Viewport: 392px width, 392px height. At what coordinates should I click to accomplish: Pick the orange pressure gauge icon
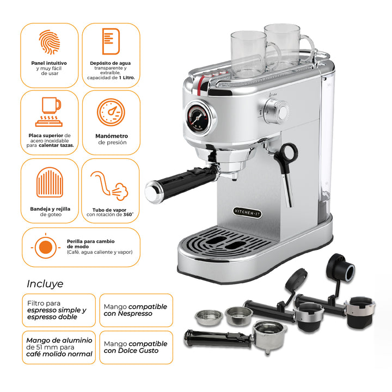111,113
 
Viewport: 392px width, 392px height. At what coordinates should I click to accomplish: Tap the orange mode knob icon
45,247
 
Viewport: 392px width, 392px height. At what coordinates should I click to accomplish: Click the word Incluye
45,284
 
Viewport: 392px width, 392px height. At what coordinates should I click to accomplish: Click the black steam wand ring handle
287,152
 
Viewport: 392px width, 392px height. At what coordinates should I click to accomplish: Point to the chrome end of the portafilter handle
153,190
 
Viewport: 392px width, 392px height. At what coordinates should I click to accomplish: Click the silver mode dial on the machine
280,112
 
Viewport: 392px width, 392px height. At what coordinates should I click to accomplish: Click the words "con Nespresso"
128,314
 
